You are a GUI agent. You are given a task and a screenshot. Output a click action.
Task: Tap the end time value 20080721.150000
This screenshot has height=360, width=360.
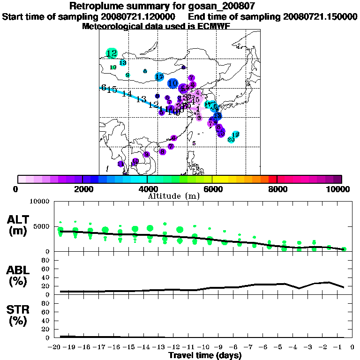pyautogui.click(x=320, y=17)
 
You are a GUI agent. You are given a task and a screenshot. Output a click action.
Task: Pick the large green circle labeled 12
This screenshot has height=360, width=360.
pyautogui.click(x=112, y=53)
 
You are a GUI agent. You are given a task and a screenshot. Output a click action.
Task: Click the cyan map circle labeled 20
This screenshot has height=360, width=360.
pyautogui.click(x=231, y=139)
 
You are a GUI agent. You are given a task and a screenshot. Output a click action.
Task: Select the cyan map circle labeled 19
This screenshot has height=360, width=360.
pyautogui.click(x=236, y=135)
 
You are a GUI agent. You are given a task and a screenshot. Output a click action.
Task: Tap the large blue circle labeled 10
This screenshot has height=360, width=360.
pyautogui.click(x=172, y=83)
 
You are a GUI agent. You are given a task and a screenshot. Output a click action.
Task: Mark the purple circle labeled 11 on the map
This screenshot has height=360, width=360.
pyautogui.click(x=135, y=161)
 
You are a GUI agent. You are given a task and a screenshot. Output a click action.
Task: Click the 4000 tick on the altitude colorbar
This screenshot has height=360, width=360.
pyautogui.click(x=147, y=189)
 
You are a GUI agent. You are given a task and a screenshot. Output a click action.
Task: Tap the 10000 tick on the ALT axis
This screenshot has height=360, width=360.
pyautogui.click(x=39, y=202)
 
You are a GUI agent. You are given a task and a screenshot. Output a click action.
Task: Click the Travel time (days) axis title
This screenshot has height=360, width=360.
pyautogui.click(x=205, y=356)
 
